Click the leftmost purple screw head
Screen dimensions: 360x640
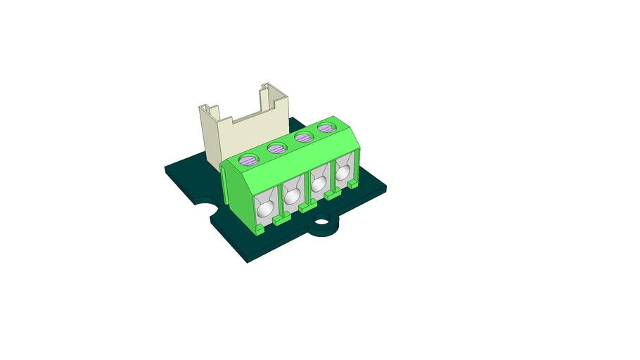250,159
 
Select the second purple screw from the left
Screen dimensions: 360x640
276,148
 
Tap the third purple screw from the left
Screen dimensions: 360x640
303,138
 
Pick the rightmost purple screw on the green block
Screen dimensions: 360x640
326,128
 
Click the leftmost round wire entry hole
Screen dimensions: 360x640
266,209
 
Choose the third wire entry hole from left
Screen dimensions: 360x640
319,184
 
